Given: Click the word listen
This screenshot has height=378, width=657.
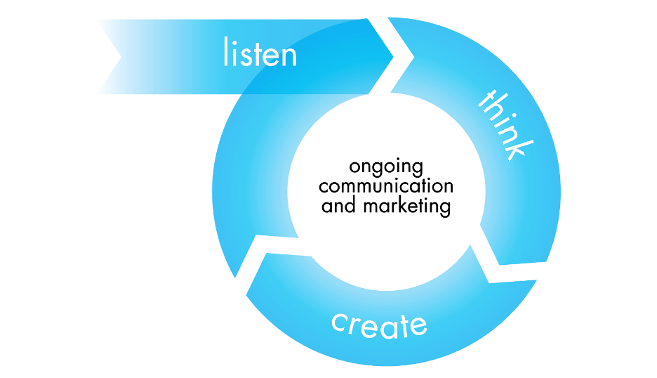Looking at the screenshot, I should (260, 53).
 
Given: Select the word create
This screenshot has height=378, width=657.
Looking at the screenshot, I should (379, 325).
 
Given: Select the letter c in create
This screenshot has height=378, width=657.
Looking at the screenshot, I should (340, 323).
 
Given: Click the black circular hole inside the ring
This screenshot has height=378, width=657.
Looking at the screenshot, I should (386, 190).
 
